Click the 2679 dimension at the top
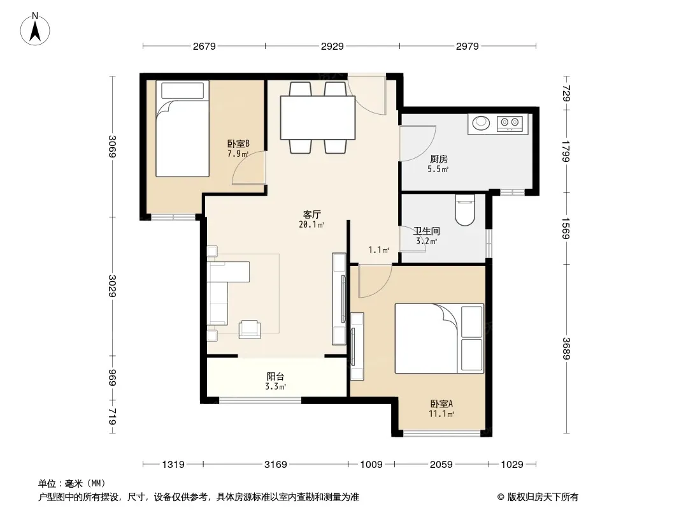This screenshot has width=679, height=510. pyautogui.click(x=204, y=47)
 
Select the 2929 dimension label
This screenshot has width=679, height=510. pyautogui.click(x=332, y=47)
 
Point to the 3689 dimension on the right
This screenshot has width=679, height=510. pyautogui.click(x=566, y=348)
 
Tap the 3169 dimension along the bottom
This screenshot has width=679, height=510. pyautogui.click(x=276, y=465)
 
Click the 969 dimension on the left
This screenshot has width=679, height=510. pyautogui.click(x=112, y=378)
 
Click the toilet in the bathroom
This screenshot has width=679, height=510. pyautogui.click(x=465, y=210)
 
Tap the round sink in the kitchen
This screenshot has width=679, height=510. pyautogui.click(x=481, y=122)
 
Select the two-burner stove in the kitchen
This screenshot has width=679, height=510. pyautogui.click(x=510, y=124)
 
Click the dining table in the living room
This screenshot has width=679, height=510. pyautogui.click(x=318, y=117)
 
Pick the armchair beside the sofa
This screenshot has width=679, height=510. pyautogui.click(x=250, y=330)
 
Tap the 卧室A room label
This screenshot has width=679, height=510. pyautogui.click(x=441, y=404)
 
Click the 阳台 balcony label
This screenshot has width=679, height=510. pyautogui.click(x=275, y=377)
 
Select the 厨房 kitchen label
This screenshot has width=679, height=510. pyautogui.click(x=439, y=159)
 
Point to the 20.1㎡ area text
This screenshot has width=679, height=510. pyautogui.click(x=311, y=224)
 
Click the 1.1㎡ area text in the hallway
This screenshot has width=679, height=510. pyautogui.click(x=378, y=250)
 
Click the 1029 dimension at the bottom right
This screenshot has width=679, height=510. pyautogui.click(x=512, y=465)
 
